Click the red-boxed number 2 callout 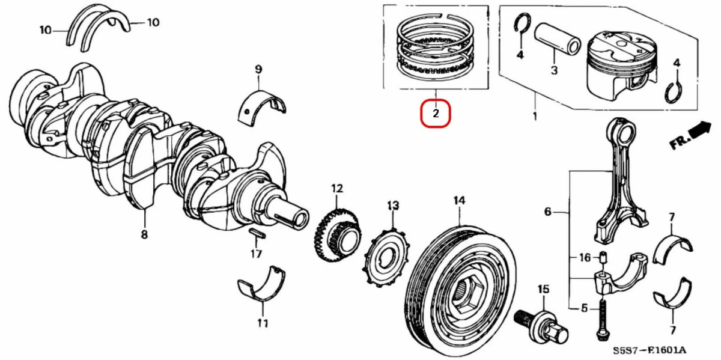pyautogui.click(x=436, y=113)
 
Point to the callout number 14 pyautogui.click(x=459, y=201)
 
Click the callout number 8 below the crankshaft pyautogui.click(x=144, y=235)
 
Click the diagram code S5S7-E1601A pyautogui.click(x=650, y=350)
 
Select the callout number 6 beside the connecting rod pyautogui.click(x=547, y=212)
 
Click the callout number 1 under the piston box pyautogui.click(x=535, y=114)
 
